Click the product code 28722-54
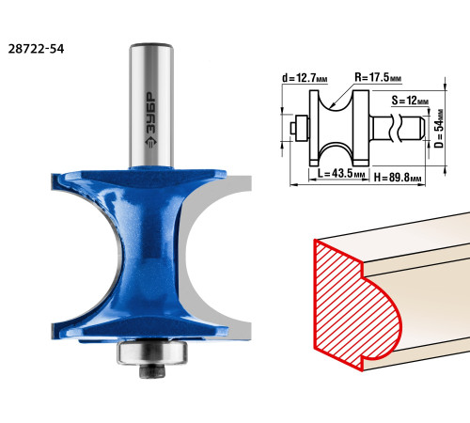(x=36, y=49)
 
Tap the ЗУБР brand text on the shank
(x=150, y=119)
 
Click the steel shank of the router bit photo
(x=151, y=105)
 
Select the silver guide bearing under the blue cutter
(x=152, y=352)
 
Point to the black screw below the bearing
(x=152, y=371)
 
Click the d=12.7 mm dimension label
(x=305, y=78)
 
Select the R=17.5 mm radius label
(x=378, y=77)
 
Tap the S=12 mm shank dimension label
(x=410, y=101)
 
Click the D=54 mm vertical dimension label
(x=439, y=129)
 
